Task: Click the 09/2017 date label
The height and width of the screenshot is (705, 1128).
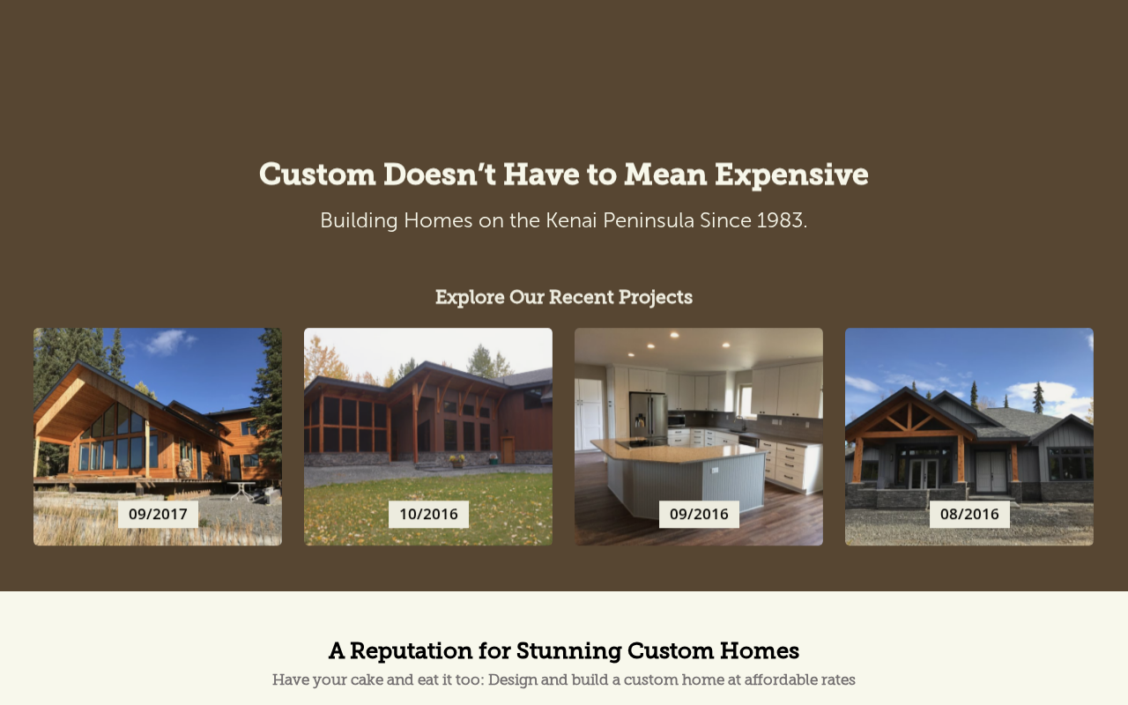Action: click(x=158, y=514)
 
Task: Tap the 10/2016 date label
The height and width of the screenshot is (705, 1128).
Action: click(x=428, y=514)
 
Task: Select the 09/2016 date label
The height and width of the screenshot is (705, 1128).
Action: click(x=699, y=514)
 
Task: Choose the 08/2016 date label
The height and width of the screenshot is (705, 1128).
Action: click(x=969, y=514)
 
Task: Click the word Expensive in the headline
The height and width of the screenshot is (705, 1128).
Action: click(x=791, y=175)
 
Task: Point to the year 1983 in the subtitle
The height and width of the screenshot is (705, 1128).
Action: click(x=780, y=220)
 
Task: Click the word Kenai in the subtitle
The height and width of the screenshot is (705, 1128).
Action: click(x=571, y=220)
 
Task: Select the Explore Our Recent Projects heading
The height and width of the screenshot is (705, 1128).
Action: click(x=564, y=297)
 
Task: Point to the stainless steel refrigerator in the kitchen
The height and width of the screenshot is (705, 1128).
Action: click(x=648, y=417)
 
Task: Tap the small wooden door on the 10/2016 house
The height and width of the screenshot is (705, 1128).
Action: click(x=508, y=450)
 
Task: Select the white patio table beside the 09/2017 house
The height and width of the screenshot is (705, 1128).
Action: click(x=242, y=489)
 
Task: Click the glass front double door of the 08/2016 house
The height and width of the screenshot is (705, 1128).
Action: click(x=924, y=473)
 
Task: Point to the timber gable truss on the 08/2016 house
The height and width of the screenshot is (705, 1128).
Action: click(x=909, y=417)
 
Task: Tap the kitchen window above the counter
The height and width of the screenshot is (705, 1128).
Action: click(x=746, y=400)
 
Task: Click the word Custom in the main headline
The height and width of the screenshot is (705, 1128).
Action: click(x=317, y=175)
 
